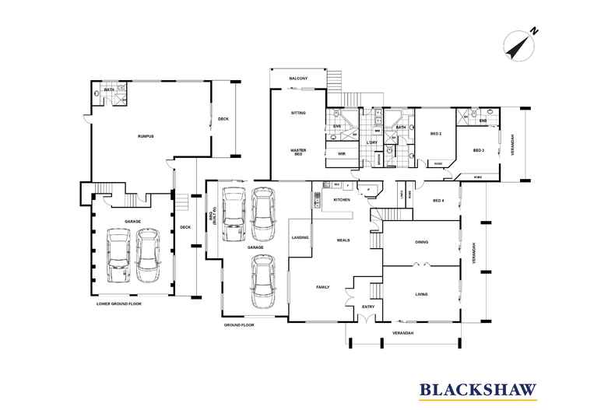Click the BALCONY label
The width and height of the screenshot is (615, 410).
tap(298, 79)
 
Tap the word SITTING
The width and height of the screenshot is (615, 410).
tap(298, 113)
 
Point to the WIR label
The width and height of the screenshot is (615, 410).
tap(341, 153)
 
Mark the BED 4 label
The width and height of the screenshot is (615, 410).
tap(440, 201)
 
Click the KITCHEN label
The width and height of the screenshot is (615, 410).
tap(343, 200)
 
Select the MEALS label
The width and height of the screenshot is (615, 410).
tap(342, 240)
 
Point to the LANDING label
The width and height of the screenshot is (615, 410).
tap(300, 237)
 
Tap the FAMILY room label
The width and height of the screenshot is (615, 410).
tap(322, 287)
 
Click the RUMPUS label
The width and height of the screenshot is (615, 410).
tap(146, 136)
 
